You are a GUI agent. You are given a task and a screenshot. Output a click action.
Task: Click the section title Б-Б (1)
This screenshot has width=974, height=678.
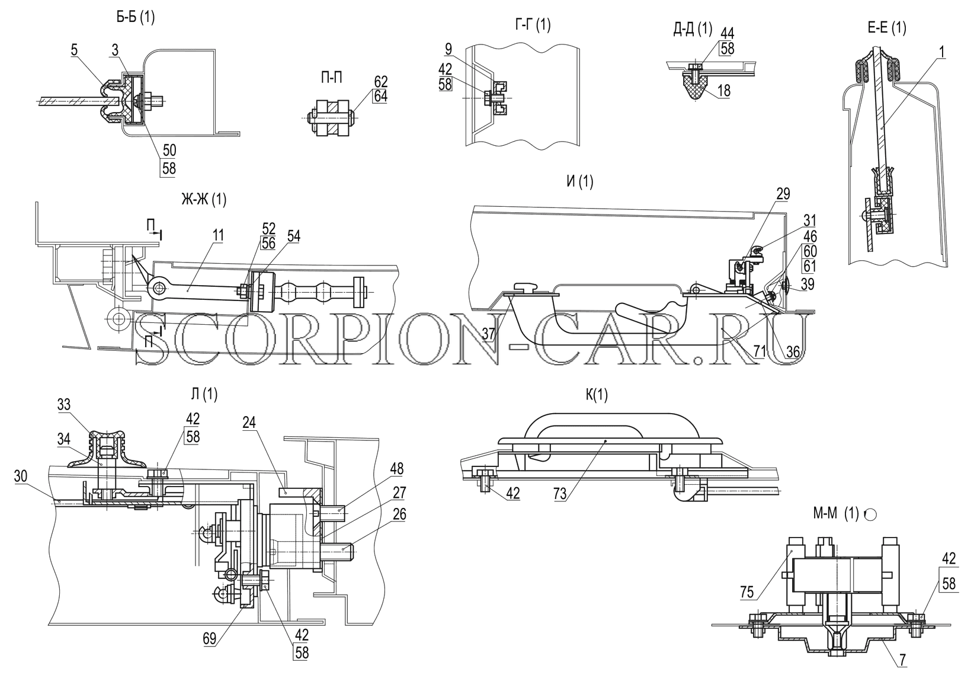(135, 18)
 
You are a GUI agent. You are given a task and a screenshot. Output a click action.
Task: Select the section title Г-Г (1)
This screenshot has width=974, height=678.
(533, 25)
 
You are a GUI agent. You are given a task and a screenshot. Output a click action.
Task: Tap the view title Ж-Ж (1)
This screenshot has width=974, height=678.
(204, 200)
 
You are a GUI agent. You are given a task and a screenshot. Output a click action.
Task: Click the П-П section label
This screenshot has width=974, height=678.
(331, 78)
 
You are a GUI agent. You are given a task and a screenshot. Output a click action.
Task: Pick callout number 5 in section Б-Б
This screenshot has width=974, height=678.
(75, 50)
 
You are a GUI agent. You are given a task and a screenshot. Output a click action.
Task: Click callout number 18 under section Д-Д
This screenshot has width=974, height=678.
(724, 91)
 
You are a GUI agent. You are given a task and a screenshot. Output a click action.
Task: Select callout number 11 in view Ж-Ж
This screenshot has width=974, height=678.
(218, 235)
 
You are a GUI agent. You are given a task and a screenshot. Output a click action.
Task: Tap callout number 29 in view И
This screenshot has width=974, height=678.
(783, 194)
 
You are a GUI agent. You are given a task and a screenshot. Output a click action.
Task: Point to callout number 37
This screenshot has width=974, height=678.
(489, 334)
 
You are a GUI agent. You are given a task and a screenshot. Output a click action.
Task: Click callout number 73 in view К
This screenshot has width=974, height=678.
(560, 493)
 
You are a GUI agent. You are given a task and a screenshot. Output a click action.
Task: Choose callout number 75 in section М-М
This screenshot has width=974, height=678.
(746, 592)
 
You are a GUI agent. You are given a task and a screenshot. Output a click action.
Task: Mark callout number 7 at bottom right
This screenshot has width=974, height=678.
(902, 660)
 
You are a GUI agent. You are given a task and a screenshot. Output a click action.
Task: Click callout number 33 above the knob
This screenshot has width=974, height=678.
(64, 405)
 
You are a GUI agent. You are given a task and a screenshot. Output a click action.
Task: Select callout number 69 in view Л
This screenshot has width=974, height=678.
(209, 638)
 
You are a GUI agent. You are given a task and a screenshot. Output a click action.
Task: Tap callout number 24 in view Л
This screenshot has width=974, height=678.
(249, 423)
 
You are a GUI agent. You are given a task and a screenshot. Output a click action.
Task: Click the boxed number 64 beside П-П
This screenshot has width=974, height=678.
(380, 96)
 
